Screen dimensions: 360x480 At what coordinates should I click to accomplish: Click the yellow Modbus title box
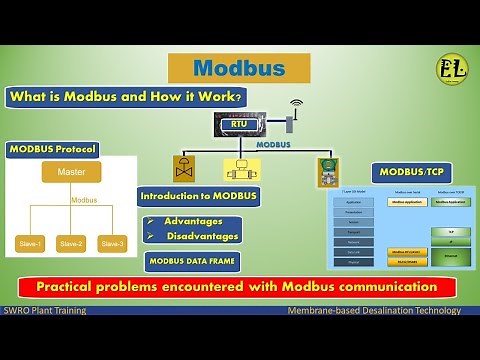click(238, 68)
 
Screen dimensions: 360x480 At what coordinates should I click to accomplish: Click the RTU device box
click(241, 124)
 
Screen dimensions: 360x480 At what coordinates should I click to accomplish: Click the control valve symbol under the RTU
click(184, 165)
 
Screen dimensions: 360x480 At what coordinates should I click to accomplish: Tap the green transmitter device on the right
click(326, 170)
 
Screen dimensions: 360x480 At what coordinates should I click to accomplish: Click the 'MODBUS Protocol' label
click(53, 150)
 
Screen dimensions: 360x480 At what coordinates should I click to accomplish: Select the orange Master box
click(71, 172)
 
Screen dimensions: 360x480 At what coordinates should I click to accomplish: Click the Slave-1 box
click(29, 243)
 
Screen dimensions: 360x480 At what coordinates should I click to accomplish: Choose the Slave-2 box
click(71, 243)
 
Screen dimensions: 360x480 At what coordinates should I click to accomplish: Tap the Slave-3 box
click(112, 243)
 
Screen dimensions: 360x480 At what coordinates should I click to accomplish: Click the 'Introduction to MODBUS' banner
click(198, 196)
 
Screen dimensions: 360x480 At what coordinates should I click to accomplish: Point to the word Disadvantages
click(201, 236)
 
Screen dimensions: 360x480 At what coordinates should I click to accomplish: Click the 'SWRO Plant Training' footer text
click(45, 310)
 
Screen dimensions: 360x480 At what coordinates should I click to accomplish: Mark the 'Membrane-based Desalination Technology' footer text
click(373, 310)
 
